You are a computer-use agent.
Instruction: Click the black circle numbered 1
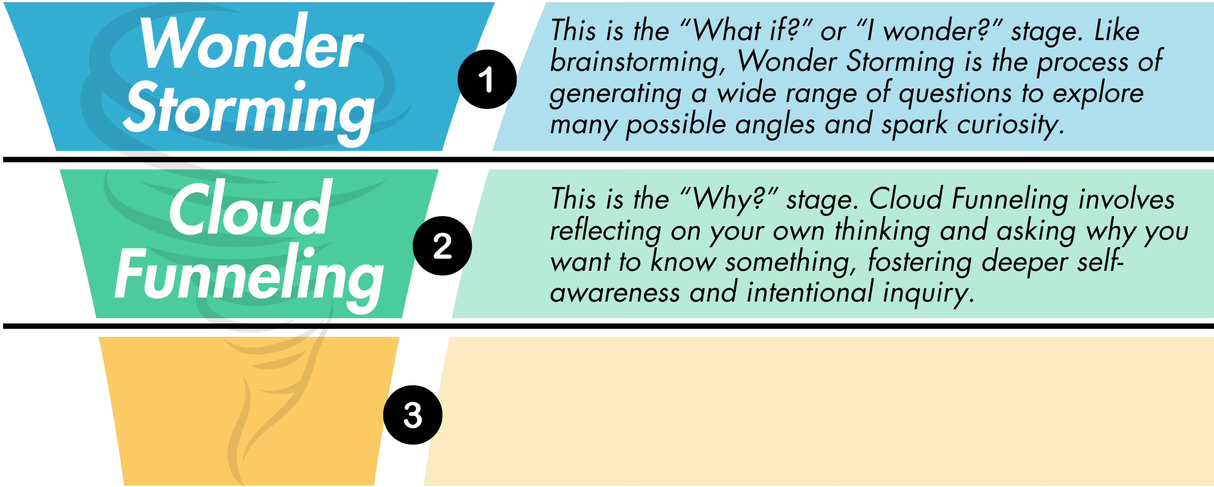pos(487,79)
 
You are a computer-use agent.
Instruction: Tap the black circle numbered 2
pos(442,246)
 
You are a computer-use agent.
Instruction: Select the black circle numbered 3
pos(412,415)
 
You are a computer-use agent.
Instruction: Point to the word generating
pos(615,94)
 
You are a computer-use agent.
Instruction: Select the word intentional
pos(810,292)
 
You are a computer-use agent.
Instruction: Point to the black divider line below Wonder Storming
pos(608,160)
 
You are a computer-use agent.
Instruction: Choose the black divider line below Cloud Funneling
pos(608,326)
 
